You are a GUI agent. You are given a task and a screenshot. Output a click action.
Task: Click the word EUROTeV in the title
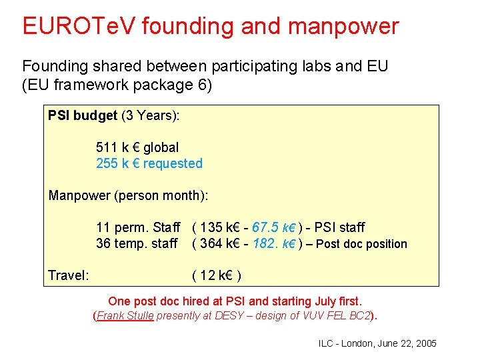coord(79,26)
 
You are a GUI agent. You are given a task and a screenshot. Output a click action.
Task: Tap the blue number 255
coord(107,163)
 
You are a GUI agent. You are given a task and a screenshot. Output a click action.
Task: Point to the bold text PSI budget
coord(82,116)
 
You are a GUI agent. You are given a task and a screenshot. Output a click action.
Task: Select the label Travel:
coord(69,275)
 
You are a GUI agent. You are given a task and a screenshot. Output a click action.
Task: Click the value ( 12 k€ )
coord(217,275)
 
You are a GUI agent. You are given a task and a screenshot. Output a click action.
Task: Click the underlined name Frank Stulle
coord(126,316)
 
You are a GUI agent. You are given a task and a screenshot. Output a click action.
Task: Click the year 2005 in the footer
coord(425,343)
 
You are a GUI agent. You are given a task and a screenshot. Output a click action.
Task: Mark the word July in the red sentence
coord(323,301)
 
